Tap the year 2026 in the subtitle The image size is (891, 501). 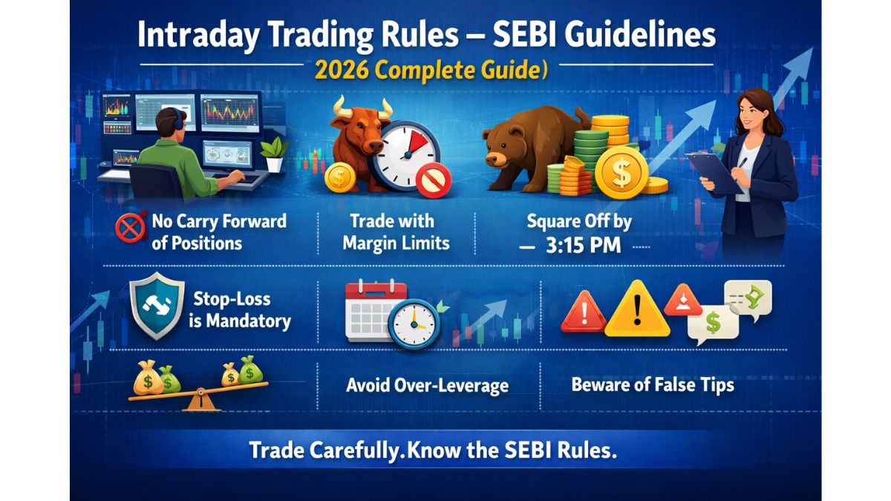click(340, 70)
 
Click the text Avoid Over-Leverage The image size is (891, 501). click(427, 385)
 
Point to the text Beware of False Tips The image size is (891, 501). click(652, 384)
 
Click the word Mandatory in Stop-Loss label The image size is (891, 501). click(250, 321)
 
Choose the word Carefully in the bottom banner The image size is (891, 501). click(350, 451)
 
